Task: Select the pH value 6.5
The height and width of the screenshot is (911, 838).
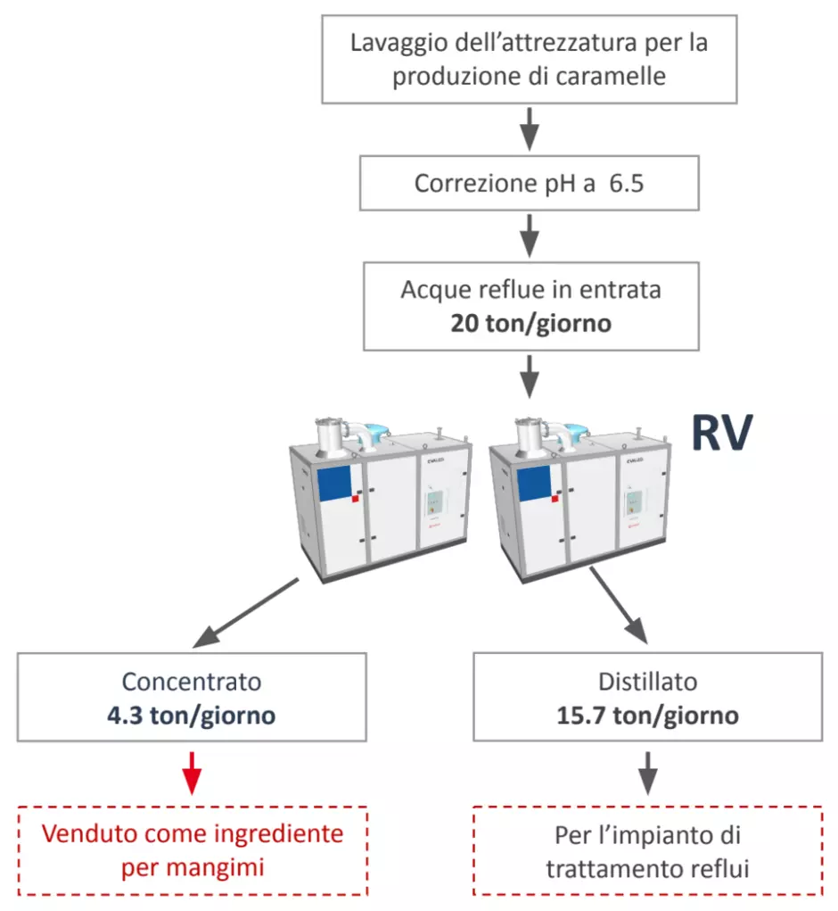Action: click(627, 184)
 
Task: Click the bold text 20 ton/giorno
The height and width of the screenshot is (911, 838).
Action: click(531, 324)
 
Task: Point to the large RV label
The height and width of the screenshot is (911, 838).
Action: click(722, 432)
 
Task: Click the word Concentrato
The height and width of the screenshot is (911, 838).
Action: click(192, 682)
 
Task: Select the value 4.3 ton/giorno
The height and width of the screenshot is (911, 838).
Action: click(192, 716)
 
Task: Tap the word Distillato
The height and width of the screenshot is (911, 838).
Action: click(647, 682)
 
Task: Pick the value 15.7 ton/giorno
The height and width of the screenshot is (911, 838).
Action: click(647, 716)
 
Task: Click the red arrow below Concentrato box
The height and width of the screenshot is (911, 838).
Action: click(192, 773)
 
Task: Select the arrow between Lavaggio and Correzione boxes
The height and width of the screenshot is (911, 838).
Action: click(530, 128)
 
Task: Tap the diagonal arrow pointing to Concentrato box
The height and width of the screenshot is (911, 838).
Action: click(245, 613)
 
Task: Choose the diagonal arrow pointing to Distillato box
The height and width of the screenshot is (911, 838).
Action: click(619, 606)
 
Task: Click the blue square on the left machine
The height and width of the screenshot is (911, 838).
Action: click(333, 484)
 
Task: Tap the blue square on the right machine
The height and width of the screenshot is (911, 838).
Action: click(534, 483)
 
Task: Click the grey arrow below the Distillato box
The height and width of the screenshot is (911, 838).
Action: click(647, 773)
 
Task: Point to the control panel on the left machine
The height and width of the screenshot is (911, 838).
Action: click(435, 502)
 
